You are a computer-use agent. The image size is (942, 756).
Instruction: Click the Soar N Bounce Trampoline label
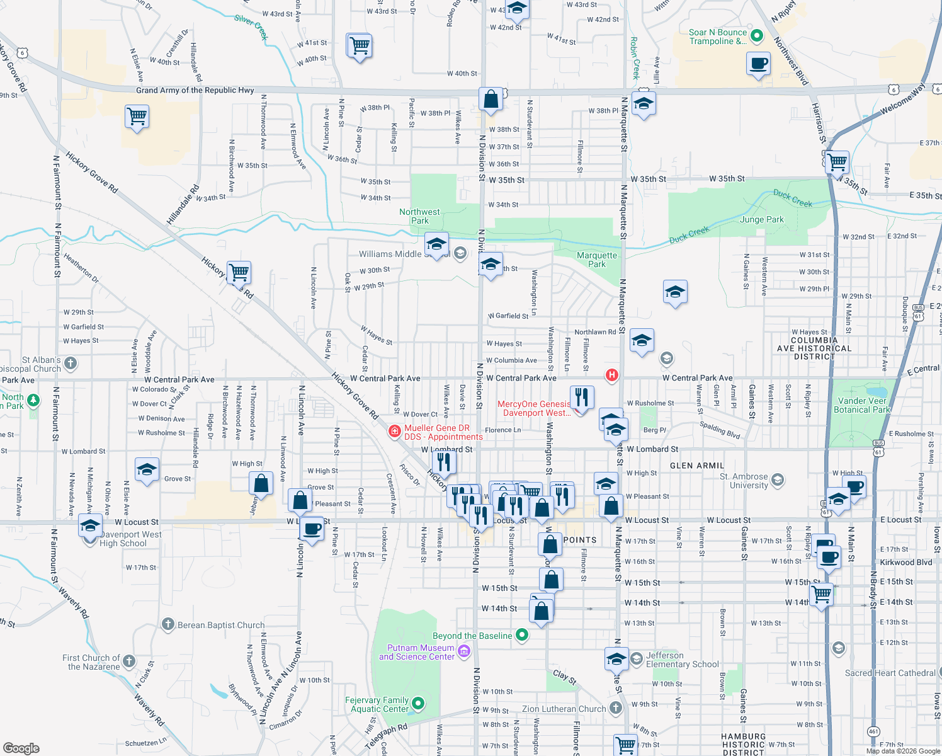pyautogui.click(x=717, y=37)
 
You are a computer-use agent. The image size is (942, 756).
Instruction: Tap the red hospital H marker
pyautogui.click(x=611, y=375)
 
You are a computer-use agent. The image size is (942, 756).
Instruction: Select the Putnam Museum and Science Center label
pyautogui.click(x=416, y=652)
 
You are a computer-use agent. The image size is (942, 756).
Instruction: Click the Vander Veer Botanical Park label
pyautogui.click(x=862, y=405)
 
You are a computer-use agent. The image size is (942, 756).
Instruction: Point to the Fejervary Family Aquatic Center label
pyautogui.click(x=377, y=704)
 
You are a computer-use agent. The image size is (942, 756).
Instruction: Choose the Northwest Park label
pyautogui.click(x=419, y=216)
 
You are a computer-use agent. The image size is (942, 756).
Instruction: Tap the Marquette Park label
pyautogui.click(x=597, y=260)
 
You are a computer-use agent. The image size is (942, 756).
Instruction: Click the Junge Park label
pyautogui.click(x=762, y=219)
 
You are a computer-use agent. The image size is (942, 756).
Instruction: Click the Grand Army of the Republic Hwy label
pyautogui.click(x=195, y=90)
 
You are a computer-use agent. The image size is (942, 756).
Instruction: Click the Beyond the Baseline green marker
pyautogui.click(x=522, y=635)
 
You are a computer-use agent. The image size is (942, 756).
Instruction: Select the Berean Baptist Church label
pyautogui.click(x=221, y=625)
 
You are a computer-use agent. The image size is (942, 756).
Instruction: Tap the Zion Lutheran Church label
pyautogui.click(x=564, y=709)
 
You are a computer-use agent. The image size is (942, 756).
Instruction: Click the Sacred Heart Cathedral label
pyautogui.click(x=890, y=673)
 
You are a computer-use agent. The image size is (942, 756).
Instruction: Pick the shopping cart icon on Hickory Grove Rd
pyautogui.click(x=239, y=273)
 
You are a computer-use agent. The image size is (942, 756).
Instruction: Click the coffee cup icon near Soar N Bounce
pyautogui.click(x=759, y=64)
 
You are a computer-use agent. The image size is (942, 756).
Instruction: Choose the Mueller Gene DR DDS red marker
pyautogui.click(x=395, y=432)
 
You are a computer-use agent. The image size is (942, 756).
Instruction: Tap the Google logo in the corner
pyautogui.click(x=21, y=748)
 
